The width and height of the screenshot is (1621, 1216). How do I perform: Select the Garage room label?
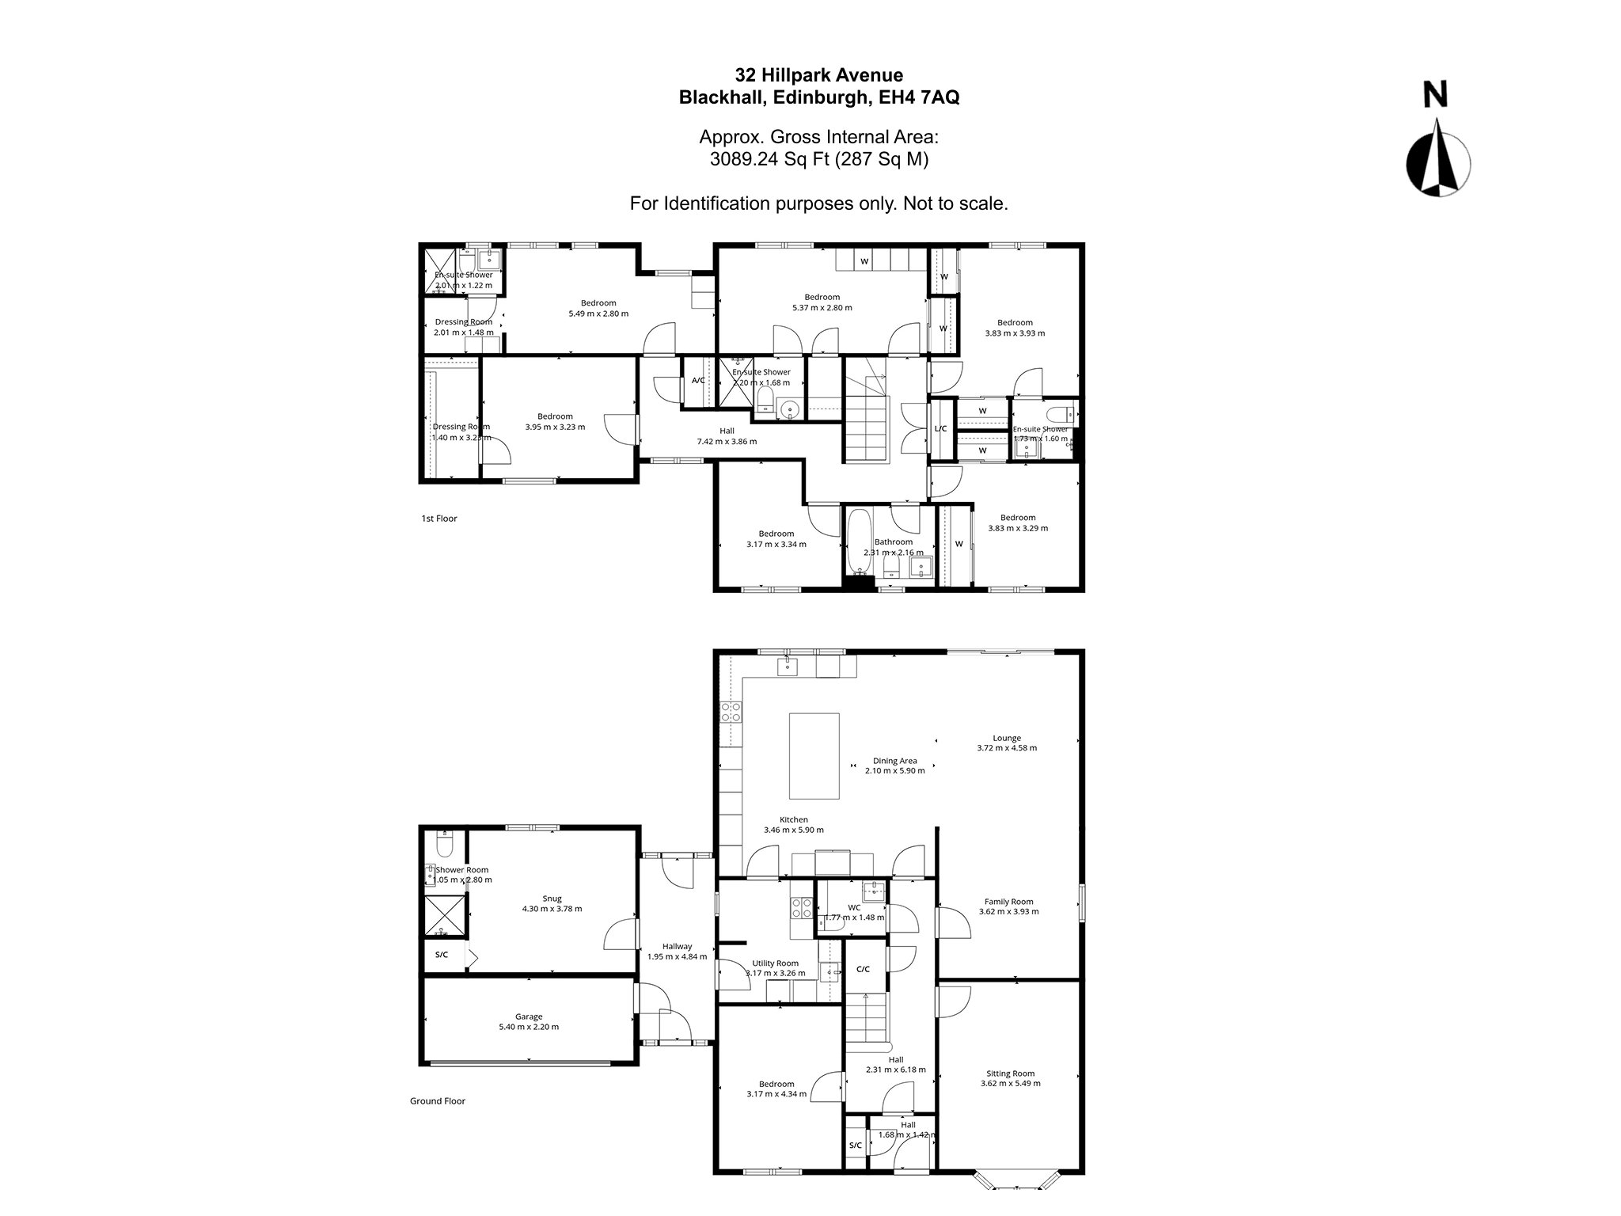pyautogui.click(x=529, y=1016)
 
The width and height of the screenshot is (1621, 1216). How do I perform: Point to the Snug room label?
pyautogui.click(x=552, y=898)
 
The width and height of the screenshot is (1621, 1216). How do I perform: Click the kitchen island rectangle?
pyautogui.click(x=814, y=755)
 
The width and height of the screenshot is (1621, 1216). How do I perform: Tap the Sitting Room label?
pyautogui.click(x=1010, y=1073)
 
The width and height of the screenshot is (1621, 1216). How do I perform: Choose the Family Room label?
pyautogui.click(x=1008, y=901)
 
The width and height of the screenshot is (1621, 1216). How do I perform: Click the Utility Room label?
pyautogui.click(x=775, y=963)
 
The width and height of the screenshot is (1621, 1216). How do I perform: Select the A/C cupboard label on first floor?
pyautogui.click(x=698, y=381)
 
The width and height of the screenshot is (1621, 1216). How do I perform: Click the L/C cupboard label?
pyautogui.click(x=940, y=429)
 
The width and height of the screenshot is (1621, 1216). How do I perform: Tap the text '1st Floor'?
pyautogui.click(x=439, y=519)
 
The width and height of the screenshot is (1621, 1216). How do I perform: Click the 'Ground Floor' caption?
pyautogui.click(x=437, y=1101)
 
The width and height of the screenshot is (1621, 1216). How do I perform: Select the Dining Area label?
pyautogui.click(x=894, y=761)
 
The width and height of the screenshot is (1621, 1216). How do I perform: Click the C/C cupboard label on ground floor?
pyautogui.click(x=863, y=969)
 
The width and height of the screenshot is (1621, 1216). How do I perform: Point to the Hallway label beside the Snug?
pyautogui.click(x=677, y=946)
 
